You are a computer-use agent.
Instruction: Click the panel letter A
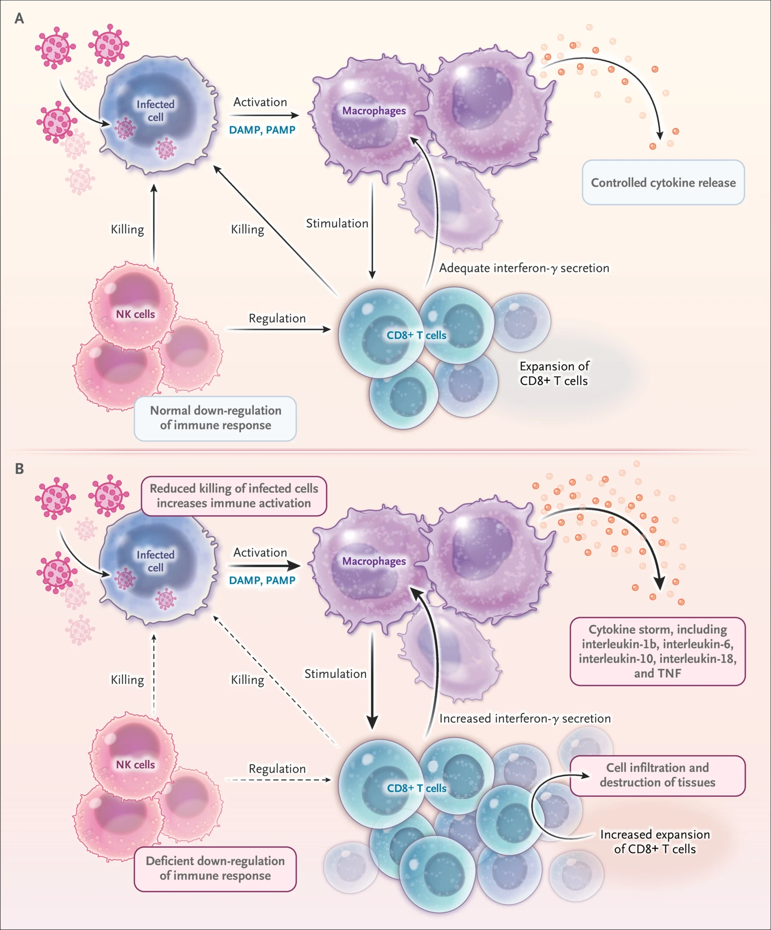[19, 18]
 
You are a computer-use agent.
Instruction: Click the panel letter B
[19, 469]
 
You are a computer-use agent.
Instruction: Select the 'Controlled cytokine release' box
[663, 182]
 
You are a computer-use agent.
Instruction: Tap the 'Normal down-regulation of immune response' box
[215, 418]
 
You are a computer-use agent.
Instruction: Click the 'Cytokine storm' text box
[657, 651]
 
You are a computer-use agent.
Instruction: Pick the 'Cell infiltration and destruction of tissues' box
[657, 775]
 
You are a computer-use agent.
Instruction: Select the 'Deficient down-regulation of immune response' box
[215, 868]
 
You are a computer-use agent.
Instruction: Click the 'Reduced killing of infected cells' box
[234, 496]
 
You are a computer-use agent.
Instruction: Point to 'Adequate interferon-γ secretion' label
[524, 268]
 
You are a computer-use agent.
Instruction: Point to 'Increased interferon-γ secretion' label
[525, 718]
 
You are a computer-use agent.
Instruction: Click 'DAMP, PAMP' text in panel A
[262, 130]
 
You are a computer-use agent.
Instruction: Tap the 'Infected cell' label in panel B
[155, 561]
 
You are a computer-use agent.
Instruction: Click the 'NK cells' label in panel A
[135, 314]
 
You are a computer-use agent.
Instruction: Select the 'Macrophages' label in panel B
[374, 561]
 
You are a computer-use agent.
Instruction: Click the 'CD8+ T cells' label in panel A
[416, 335]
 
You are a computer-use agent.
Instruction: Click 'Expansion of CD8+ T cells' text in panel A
[554, 374]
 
